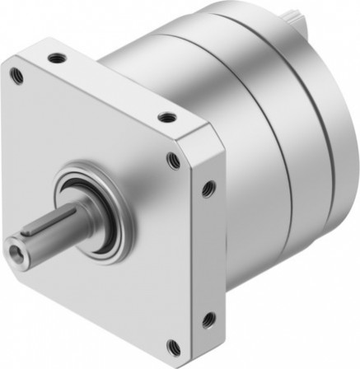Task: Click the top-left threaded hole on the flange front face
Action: [x=16, y=77]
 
